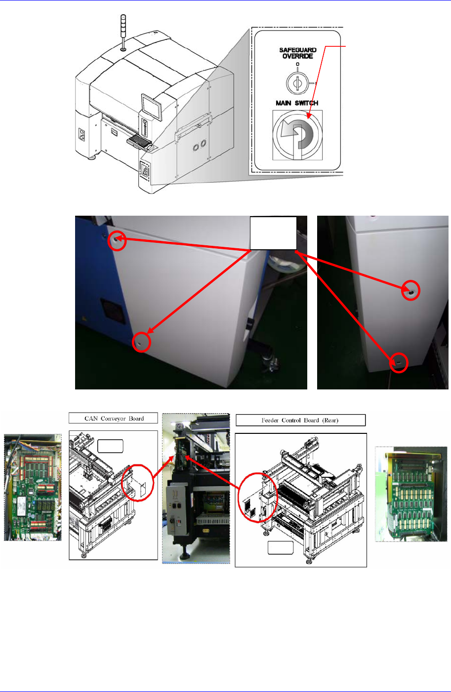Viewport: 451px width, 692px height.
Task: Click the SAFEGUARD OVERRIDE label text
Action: tap(297, 53)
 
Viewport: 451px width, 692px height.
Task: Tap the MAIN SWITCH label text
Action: tap(296, 103)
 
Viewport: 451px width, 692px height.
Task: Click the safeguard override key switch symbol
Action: tap(297, 83)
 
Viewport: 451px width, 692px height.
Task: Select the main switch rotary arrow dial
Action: tap(297, 135)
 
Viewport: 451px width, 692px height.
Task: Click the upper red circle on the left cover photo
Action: tap(117, 240)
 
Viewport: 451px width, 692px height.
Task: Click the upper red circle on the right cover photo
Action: tap(410, 291)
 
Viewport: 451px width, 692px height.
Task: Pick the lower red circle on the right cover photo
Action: tap(399, 363)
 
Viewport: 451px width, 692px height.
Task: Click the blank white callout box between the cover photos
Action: tap(273, 233)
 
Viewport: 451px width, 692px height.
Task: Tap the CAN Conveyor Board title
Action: tap(114, 419)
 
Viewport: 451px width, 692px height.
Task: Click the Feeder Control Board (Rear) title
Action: tap(300, 421)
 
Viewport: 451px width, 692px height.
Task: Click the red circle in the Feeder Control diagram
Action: tap(258, 497)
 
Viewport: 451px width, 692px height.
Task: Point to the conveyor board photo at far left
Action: tap(33, 488)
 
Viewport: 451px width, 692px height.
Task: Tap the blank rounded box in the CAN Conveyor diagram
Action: tap(110, 446)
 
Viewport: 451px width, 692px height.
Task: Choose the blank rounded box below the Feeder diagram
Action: tap(281, 548)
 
